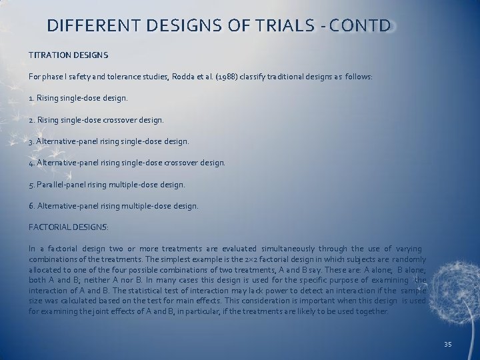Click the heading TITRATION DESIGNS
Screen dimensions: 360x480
pos(69,54)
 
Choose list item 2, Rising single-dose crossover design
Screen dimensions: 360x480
pos(96,120)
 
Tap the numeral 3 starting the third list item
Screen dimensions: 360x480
pos(31,141)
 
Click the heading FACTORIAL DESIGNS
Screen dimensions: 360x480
pos(69,227)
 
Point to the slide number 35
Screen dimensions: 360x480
pos(447,344)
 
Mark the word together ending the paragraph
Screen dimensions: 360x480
pos(371,311)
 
